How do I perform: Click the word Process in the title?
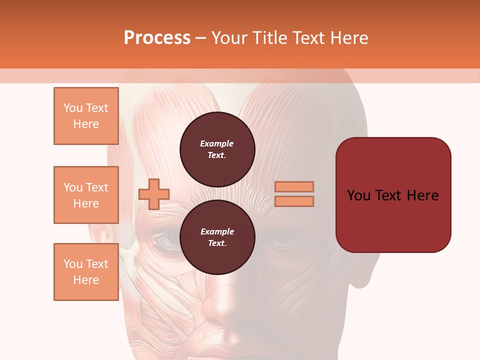coord(157,38)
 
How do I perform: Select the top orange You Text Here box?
coord(86,116)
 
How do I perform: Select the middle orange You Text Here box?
coord(86,195)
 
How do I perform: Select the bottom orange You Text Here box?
coord(86,272)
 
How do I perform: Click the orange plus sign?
coord(154,194)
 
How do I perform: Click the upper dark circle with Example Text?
coord(217,149)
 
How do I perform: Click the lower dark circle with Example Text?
coord(217,237)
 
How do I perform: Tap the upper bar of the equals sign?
coord(294,186)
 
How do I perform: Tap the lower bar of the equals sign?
coord(294,201)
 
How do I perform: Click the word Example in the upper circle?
coord(217,143)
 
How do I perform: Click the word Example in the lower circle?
coord(217,231)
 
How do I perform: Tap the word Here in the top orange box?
coord(86,124)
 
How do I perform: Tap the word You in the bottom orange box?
coord(72,264)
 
